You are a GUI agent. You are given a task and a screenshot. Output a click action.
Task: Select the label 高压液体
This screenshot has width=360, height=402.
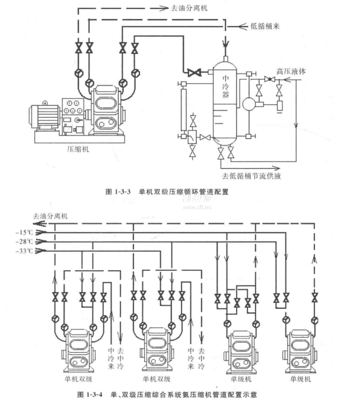(290, 71)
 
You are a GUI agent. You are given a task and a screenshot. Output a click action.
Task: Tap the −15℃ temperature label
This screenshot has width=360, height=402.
(26, 232)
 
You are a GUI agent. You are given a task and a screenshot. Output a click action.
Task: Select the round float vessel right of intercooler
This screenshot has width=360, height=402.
(247, 104)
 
